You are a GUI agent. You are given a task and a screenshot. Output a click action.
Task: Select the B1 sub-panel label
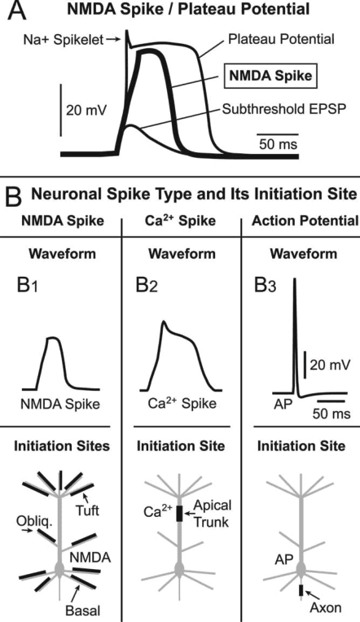24,286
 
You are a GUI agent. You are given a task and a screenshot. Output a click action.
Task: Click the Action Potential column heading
301,220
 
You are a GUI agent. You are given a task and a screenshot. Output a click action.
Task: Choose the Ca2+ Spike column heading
180,220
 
